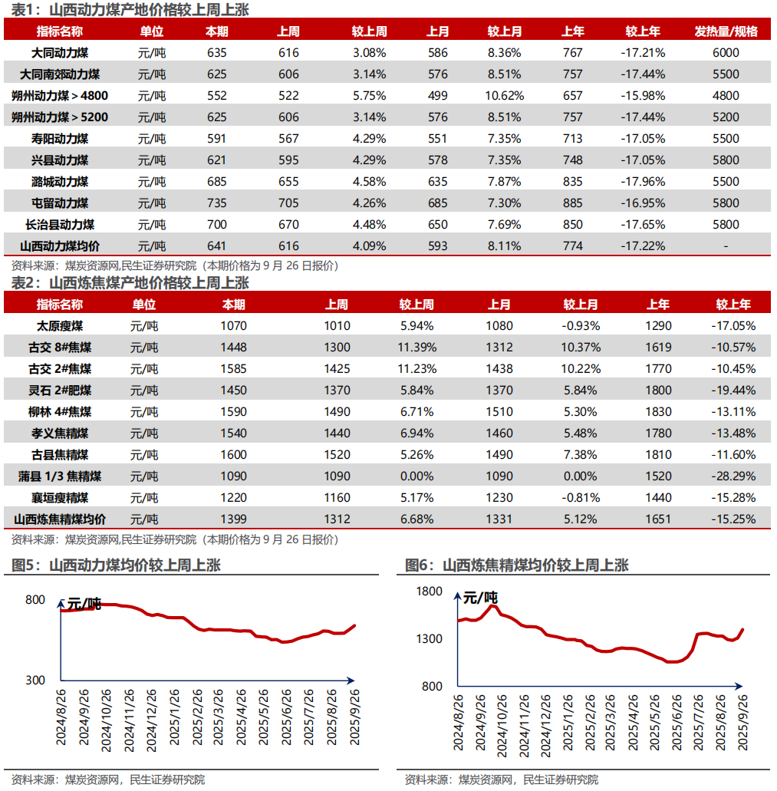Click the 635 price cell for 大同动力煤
217,52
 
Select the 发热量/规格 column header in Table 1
726,31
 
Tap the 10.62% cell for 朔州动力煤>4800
504,95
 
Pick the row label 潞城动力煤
60,182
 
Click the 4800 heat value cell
726,95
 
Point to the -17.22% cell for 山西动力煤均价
643,246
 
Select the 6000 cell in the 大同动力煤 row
726,52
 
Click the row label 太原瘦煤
60,326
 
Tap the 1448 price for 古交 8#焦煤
233,347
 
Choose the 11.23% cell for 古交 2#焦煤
417,369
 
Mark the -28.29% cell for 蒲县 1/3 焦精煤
733,476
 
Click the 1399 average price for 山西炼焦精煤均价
233,519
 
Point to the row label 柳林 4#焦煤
60,412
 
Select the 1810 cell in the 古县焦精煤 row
659,454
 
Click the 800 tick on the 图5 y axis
35,599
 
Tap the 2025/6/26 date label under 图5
286,717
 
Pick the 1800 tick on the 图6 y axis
429,592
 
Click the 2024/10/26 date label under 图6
502,726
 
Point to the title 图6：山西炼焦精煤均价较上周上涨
517,565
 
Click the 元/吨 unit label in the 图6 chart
480,598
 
